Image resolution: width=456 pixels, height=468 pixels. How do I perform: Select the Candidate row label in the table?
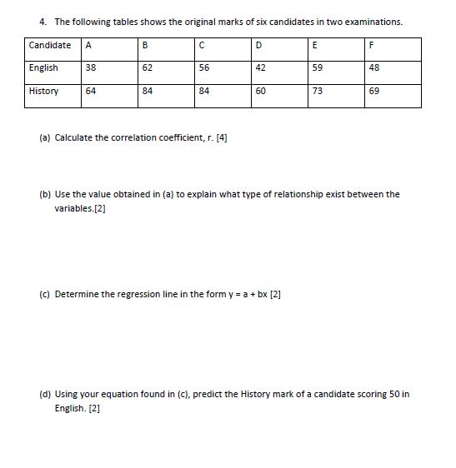(49, 44)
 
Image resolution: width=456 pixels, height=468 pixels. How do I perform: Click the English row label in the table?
(43, 68)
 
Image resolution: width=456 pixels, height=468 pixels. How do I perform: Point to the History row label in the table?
(43, 92)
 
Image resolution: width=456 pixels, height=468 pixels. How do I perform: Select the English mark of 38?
(91, 68)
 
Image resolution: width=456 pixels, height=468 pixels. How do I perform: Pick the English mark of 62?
(148, 68)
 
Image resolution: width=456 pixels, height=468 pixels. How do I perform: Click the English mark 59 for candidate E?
(318, 68)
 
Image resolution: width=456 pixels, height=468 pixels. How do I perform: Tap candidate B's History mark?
(148, 92)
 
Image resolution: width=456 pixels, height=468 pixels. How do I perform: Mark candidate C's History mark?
(205, 92)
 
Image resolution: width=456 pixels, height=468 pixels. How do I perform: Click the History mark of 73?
(318, 92)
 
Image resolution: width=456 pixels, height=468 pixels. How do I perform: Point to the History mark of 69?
(374, 92)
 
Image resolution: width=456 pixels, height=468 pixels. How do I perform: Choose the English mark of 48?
(374, 68)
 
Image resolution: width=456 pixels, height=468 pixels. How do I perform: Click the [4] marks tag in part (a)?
(221, 137)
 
